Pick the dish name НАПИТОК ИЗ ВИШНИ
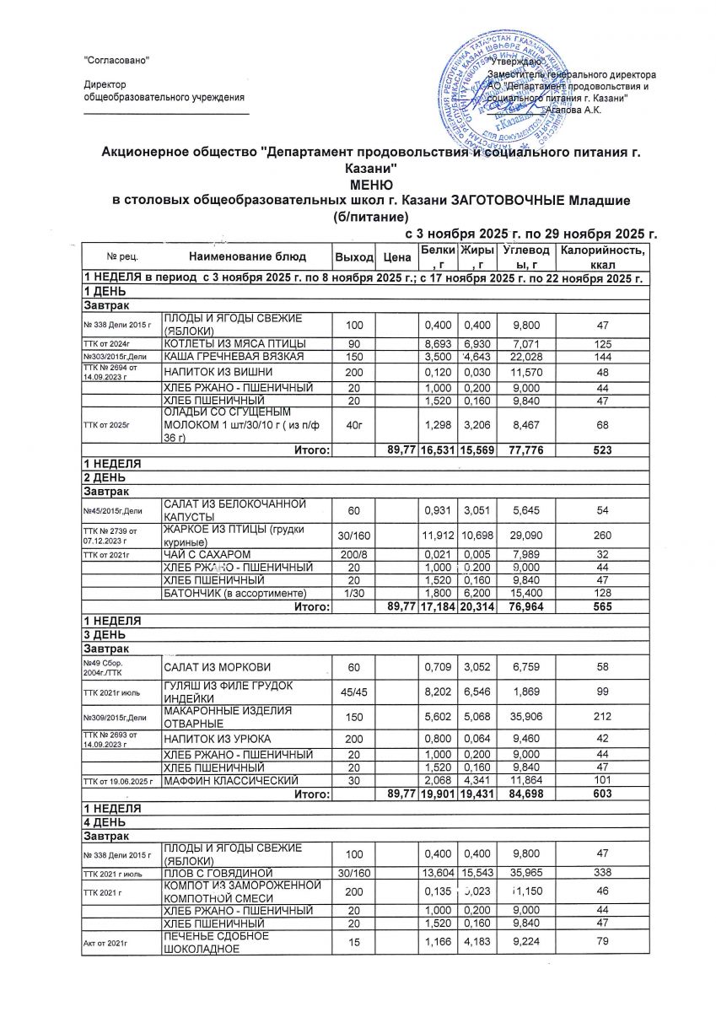(213, 372)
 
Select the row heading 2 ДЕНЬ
(101, 478)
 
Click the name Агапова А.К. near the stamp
(573, 110)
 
